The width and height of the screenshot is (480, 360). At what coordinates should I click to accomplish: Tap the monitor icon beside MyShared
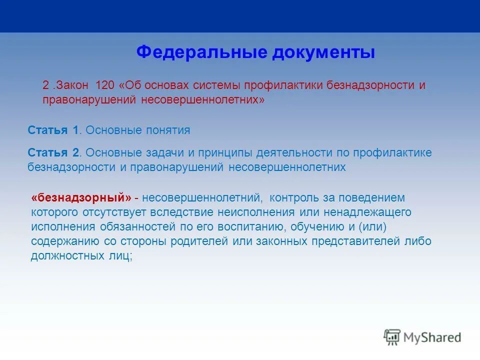(x=392, y=337)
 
